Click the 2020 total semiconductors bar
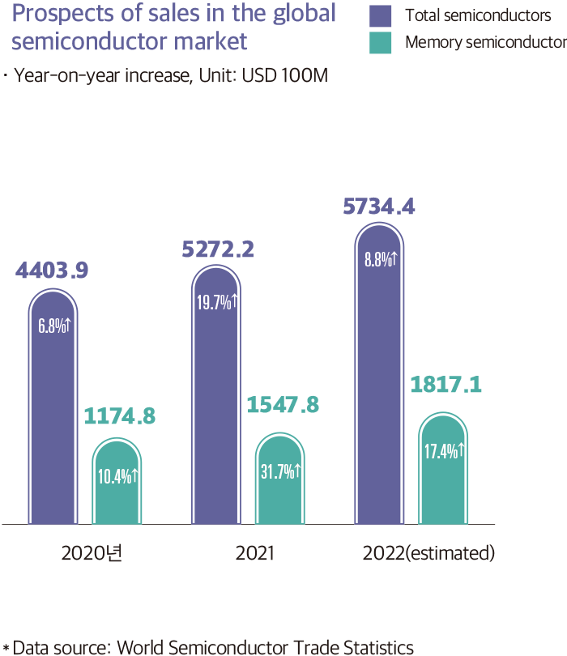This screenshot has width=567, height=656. (53, 405)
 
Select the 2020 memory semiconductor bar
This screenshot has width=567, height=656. (117, 480)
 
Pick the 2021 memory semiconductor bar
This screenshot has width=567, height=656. (279, 478)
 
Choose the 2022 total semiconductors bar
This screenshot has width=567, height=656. (379, 373)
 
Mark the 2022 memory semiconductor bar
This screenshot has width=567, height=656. (443, 467)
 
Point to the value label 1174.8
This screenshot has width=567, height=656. (119, 416)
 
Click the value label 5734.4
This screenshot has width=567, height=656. (380, 207)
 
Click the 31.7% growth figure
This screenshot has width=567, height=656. (280, 472)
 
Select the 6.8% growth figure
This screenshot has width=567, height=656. (54, 326)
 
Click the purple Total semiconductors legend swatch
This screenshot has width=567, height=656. (380, 16)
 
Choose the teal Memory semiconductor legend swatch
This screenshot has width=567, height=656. (380, 43)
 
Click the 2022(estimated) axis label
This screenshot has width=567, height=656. (428, 554)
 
